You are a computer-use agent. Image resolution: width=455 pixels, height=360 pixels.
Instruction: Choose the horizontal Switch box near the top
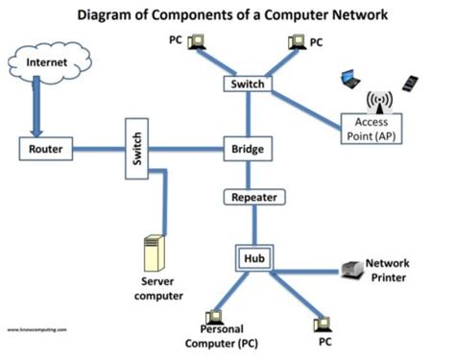click(x=249, y=84)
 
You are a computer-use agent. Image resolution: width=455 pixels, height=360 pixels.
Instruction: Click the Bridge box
click(x=249, y=150)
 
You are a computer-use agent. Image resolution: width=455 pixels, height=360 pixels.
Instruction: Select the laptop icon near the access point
click(x=351, y=78)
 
